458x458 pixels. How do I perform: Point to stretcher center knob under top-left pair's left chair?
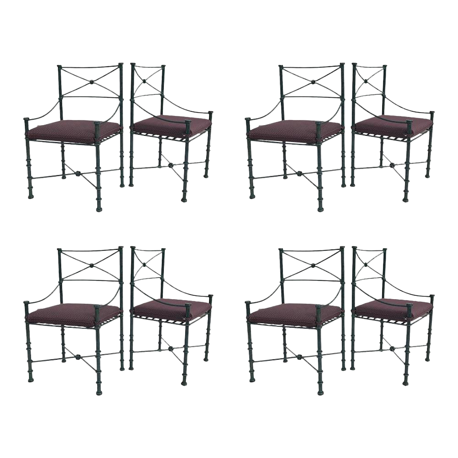click(78, 173)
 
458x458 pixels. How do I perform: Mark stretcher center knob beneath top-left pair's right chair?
click(170, 165)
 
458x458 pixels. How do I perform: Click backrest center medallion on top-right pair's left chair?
click(312, 81)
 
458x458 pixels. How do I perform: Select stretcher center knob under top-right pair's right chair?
click(392, 165)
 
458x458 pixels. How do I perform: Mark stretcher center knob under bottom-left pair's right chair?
click(170, 349)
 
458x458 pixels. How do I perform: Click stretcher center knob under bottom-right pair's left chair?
click(300, 357)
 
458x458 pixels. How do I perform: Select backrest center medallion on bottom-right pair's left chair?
click(312, 265)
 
